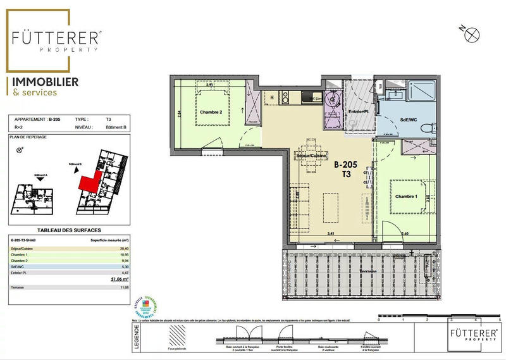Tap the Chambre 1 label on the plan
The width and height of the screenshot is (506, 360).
point(407,197)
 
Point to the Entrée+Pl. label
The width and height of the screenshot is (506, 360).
point(359,112)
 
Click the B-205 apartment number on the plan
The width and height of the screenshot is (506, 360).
point(345,164)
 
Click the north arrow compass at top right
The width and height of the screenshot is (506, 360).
point(469,35)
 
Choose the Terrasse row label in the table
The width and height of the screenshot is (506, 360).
point(18,287)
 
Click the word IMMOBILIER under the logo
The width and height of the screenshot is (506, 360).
point(42,82)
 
